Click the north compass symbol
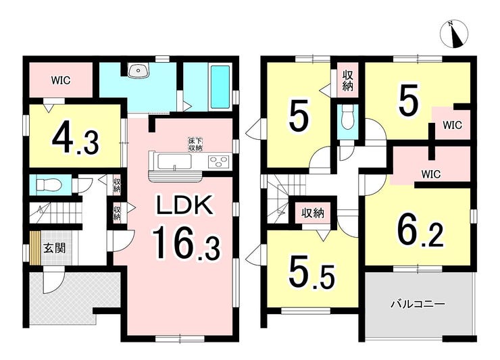click(x=454, y=34)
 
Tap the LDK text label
click(x=184, y=205)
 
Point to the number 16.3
click(x=186, y=242)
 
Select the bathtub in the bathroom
click(x=220, y=86)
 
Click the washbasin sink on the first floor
click(x=138, y=70)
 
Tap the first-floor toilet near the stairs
click(x=49, y=184)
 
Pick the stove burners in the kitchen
click(x=219, y=161)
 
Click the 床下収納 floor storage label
click(x=195, y=145)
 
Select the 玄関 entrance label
click(x=55, y=248)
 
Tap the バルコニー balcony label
click(x=418, y=304)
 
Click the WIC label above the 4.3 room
click(x=61, y=80)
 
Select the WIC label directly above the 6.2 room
click(x=431, y=174)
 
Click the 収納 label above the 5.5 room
click(x=313, y=213)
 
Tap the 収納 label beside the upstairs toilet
click(x=347, y=80)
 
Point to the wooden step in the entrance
click(x=35, y=248)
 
